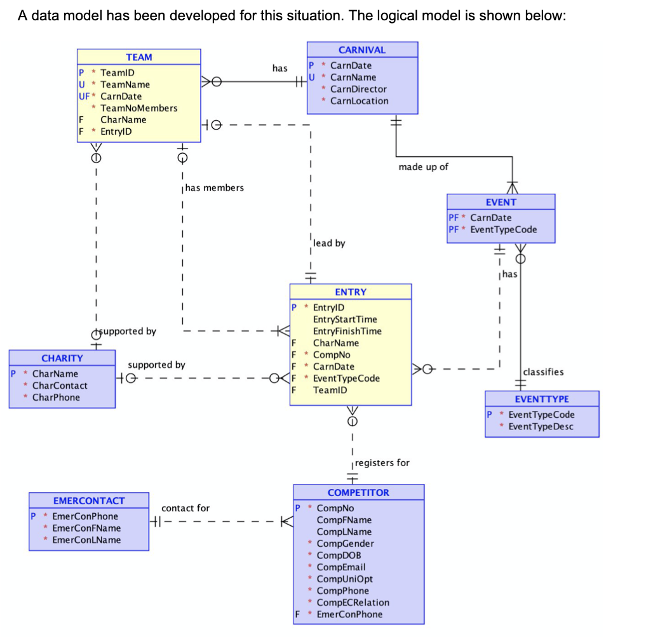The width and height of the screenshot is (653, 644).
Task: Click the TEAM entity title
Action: point(139,57)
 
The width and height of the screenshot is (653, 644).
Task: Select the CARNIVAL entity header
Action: point(362,50)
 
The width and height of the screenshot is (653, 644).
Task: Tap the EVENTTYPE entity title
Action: point(542,399)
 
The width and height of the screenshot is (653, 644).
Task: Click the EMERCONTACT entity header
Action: point(89,500)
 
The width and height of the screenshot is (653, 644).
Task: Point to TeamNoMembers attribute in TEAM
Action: point(138,108)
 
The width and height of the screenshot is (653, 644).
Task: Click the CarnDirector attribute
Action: point(358,89)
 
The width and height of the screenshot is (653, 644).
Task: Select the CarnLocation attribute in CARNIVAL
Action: point(359,100)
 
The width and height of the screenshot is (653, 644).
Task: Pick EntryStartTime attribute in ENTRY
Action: point(345,319)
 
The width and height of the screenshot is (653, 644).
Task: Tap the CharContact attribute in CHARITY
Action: point(60,385)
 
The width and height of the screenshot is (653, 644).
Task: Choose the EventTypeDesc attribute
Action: point(541,426)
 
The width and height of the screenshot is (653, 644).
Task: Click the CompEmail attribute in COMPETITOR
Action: point(340,567)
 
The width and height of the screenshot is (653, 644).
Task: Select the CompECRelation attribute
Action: point(353,602)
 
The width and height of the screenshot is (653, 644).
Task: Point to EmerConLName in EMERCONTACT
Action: point(86,539)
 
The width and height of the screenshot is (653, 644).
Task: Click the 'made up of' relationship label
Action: point(423,167)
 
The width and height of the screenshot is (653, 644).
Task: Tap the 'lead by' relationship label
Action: point(329,243)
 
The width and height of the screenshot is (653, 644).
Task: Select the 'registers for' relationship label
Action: point(382,462)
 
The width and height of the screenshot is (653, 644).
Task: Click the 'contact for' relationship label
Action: point(185,508)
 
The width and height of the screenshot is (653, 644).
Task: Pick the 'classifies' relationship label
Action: point(543,372)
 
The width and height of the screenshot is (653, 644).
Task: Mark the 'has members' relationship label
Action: point(215,188)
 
